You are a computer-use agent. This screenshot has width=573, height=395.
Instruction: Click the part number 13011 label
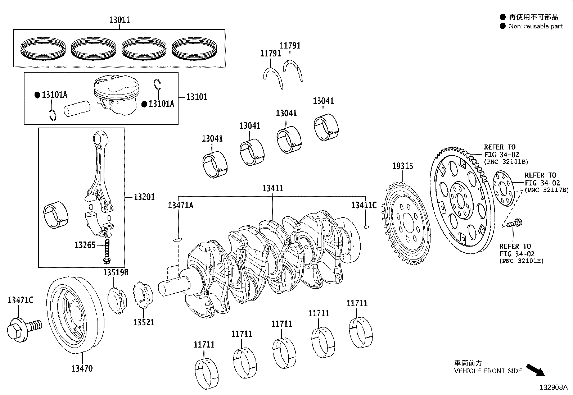point(119,20)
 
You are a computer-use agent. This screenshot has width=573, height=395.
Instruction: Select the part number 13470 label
point(82,368)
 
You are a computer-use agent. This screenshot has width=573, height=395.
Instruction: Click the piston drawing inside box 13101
point(116,95)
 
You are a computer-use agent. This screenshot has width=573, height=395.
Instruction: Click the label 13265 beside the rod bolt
point(85,245)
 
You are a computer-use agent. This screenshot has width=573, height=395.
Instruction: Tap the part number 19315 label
point(402,166)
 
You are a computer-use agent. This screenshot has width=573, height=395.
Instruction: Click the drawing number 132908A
point(553,387)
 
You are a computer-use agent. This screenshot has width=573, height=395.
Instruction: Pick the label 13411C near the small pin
point(364,205)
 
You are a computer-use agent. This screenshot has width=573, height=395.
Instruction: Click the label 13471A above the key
point(180,205)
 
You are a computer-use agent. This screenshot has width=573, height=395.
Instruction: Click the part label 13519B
point(116,272)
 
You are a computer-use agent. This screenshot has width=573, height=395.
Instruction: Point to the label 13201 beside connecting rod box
point(144,197)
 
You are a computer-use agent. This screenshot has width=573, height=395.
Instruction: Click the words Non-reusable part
point(535,26)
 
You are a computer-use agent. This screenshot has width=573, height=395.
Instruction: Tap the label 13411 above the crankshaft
point(272,188)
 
